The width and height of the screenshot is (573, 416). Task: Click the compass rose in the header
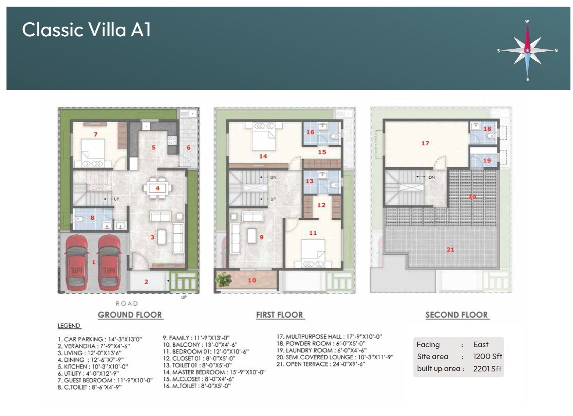click(527, 50)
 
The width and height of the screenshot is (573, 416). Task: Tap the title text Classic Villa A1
click(86, 30)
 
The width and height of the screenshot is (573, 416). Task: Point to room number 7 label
click(96, 134)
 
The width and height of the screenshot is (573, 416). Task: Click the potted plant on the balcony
click(223, 279)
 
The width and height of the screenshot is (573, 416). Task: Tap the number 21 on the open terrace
click(450, 249)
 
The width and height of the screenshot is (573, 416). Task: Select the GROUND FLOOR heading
click(130, 315)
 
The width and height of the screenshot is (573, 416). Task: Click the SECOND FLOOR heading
click(456, 315)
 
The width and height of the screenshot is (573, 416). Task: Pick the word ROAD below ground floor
click(127, 303)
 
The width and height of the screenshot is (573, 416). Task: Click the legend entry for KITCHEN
click(93, 367)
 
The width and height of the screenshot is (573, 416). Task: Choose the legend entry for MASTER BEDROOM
click(214, 372)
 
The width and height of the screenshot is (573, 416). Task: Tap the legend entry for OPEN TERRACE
click(321, 364)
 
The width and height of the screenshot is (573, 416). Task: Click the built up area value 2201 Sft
click(487, 369)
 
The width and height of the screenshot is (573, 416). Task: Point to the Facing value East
click(481, 344)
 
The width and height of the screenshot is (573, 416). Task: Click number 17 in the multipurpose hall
click(425, 143)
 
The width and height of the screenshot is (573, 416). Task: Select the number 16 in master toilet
click(310, 132)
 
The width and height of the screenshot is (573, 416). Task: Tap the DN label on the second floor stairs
click(432, 177)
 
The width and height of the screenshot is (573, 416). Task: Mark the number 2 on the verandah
click(146, 282)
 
